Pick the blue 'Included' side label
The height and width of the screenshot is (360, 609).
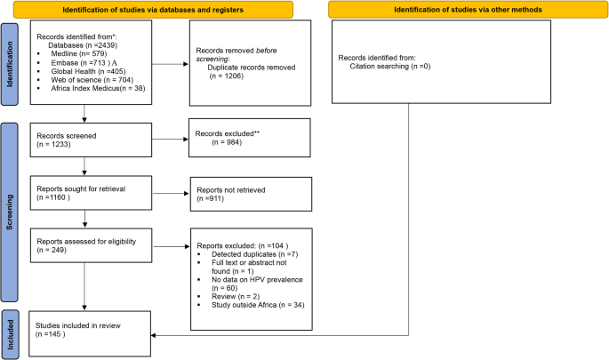click(10, 328)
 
